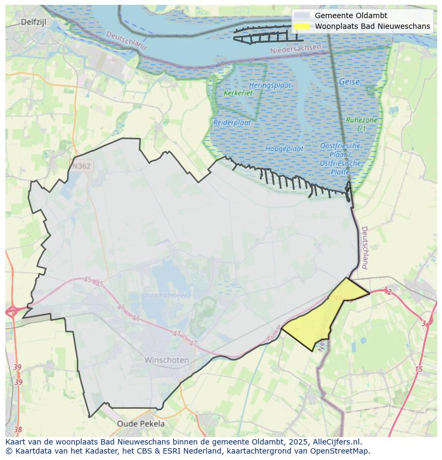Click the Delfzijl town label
(x=35, y=22)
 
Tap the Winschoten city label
(x=167, y=360)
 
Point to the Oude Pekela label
(x=141, y=424)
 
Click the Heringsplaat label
(x=270, y=85)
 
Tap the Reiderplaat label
(x=232, y=122)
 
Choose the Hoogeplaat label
(x=284, y=149)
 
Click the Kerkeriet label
(x=238, y=93)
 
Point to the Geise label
(x=349, y=82)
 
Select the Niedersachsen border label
(x=296, y=49)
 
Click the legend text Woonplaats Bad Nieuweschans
(x=372, y=26)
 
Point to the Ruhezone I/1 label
(x=361, y=124)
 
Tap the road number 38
(x=18, y=430)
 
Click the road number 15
(x=419, y=369)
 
